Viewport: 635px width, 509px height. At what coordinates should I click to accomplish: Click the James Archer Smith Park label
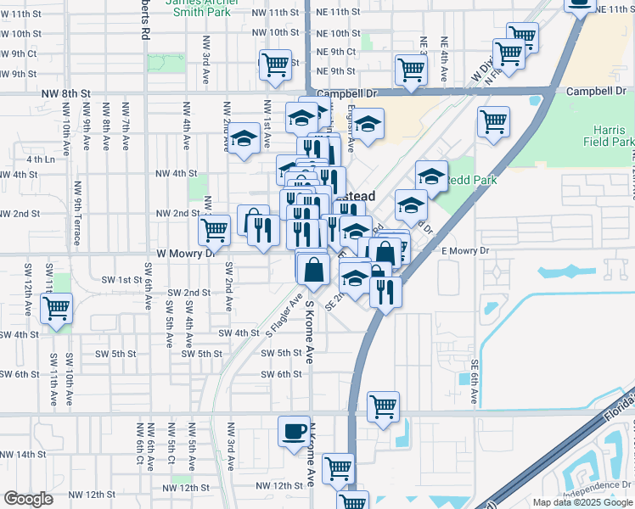pos(197,8)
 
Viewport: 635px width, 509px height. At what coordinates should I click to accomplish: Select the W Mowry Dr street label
pos(183,254)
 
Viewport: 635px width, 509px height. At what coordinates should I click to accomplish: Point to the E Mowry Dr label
pos(465,251)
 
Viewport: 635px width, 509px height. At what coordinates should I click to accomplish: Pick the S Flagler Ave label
pos(284,316)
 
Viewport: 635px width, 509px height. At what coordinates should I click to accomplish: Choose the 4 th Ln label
pos(40,159)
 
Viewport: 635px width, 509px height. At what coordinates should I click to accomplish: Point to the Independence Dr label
pos(595,485)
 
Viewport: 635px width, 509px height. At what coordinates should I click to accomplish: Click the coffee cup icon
pos(294,430)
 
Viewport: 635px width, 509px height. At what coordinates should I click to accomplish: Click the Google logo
pos(28,499)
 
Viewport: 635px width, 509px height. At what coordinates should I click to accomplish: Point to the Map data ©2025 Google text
pos(582,502)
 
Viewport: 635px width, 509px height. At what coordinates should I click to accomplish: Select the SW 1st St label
pos(121,279)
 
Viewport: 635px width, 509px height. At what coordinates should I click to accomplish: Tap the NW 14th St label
pos(22,455)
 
